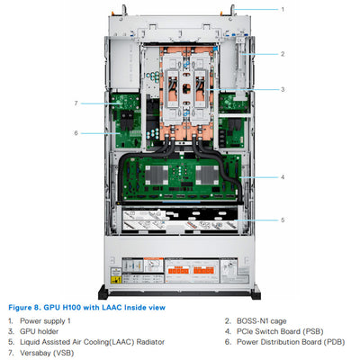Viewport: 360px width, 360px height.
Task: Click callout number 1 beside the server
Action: coord(282,9)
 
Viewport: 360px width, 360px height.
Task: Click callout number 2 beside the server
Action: coord(282,54)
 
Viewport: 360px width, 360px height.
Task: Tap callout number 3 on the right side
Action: coord(282,89)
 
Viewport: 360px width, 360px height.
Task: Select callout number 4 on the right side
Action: coord(282,177)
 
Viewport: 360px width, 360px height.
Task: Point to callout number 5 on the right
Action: coord(282,220)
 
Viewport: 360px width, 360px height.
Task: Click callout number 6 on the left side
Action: coord(76,133)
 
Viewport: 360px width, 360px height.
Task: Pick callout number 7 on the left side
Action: coord(76,103)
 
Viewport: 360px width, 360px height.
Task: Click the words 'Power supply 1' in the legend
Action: coord(44,319)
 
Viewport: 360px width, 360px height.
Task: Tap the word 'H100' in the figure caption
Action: coord(75,307)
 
